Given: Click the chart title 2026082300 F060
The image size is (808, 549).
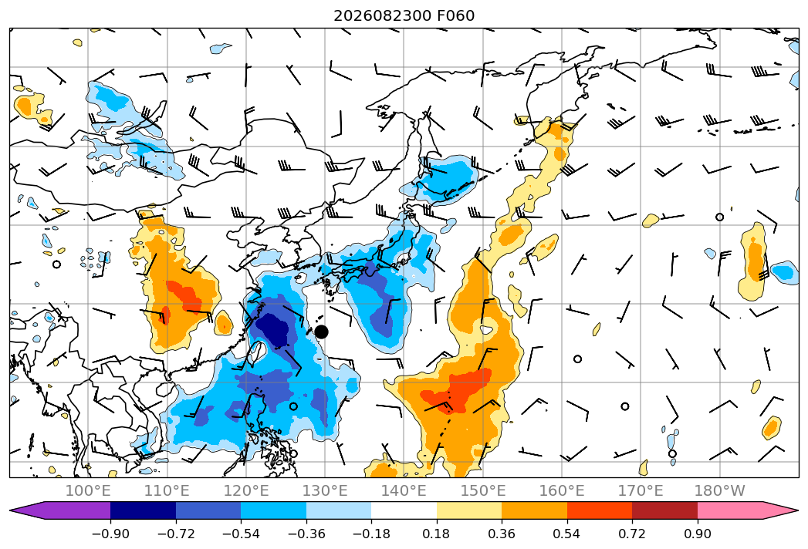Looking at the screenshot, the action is pos(404,15).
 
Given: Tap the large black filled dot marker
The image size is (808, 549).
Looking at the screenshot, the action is pos(321,332).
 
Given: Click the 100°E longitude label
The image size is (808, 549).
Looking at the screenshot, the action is pos(88,490).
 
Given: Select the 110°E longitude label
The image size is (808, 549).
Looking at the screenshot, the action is pos(167,490).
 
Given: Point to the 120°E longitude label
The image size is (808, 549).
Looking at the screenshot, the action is pos(246,490).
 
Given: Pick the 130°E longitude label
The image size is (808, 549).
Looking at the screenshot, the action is pos(325,490).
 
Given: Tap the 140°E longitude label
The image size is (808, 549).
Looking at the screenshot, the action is pos(404,490).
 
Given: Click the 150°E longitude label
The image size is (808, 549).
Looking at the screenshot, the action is pos(483,490).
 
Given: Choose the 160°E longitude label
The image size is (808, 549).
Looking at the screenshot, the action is pos(562,490).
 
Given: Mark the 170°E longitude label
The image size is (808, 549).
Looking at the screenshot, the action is pos(641,490).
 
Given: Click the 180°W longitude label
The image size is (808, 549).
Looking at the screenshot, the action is pos(719,490).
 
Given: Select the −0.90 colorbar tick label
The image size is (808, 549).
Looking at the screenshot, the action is pos(110,534).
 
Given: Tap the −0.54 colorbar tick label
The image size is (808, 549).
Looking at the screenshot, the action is pos(241,534).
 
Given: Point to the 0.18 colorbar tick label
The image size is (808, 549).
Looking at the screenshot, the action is pos(437,534).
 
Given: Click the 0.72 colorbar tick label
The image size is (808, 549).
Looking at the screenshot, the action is pos(632,534).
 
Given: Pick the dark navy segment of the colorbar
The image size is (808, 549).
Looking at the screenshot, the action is pos(144,510).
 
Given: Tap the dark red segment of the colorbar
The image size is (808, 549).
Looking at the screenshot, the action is pos(664,510).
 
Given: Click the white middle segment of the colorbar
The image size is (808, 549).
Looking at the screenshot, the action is pos(404,510).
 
